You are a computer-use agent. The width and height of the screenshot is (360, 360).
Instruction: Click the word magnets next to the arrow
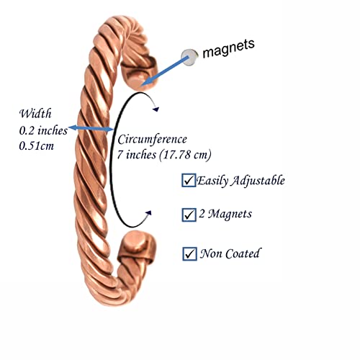click(228, 48)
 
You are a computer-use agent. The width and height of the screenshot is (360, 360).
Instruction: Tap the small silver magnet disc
click(189, 57)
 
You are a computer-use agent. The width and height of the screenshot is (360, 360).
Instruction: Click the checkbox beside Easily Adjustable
click(189, 180)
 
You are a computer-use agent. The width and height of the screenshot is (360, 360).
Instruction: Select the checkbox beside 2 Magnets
click(189, 215)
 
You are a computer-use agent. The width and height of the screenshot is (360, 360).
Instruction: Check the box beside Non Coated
click(189, 253)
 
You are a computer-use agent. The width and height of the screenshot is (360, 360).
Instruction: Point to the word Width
click(35, 114)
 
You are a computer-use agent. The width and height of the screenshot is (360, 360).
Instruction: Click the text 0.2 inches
click(43, 130)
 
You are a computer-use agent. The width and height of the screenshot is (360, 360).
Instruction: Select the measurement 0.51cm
click(37, 146)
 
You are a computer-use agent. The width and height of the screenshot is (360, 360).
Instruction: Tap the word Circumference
click(152, 140)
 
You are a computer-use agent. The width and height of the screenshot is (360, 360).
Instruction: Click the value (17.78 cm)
click(185, 155)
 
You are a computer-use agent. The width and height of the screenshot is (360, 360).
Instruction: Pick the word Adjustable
click(258, 181)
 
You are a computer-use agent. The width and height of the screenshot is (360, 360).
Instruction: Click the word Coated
click(243, 253)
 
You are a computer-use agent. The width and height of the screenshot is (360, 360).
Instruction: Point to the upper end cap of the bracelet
click(139, 73)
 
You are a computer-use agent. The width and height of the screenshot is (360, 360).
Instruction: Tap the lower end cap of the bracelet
click(136, 247)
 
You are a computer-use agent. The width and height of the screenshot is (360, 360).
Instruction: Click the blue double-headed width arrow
click(91, 128)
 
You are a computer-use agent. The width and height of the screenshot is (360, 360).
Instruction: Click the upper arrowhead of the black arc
click(156, 109)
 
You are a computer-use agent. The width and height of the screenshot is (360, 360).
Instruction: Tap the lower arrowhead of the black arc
click(149, 213)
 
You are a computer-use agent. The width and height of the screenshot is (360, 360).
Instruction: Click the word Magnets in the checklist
click(230, 214)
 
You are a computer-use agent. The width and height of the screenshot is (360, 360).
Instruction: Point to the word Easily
click(212, 181)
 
